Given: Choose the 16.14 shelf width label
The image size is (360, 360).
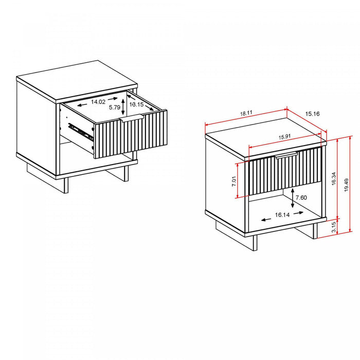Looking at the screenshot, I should click(282, 215).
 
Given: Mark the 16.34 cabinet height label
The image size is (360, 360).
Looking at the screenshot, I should click(334, 179).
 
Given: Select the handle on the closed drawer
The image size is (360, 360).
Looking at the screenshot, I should click(287, 156).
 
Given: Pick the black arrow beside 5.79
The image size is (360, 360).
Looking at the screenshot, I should click(123, 109).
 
